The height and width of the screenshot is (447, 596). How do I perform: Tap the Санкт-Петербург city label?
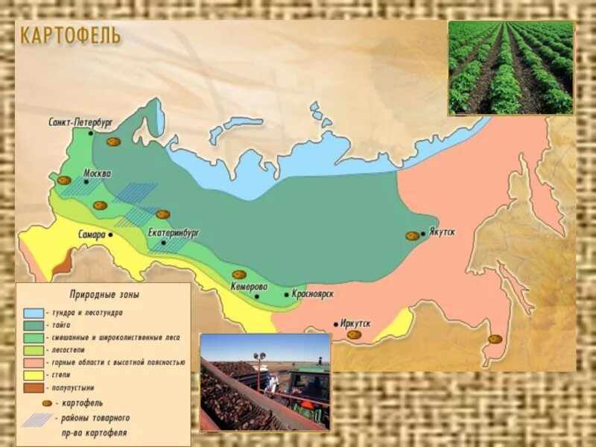pos(80,121)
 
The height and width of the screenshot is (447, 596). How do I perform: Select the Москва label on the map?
pos(97,173)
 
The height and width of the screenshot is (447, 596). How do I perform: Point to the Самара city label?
pos(92,234)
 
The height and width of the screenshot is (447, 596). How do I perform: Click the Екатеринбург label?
pos(174,232)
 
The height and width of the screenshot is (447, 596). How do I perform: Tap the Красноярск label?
pos(311,294)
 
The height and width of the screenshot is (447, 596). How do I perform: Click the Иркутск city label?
pos(355,323)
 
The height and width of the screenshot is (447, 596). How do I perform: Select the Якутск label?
pos(442,232)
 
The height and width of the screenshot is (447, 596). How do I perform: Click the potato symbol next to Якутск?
pos(412,235)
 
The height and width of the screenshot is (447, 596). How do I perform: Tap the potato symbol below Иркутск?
pos(355,335)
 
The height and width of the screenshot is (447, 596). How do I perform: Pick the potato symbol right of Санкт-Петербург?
pos(113,142)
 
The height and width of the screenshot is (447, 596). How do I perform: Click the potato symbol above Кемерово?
pos(239,275)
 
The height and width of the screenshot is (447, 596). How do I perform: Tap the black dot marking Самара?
pos(110,234)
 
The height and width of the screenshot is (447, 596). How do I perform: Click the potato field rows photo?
pos(510,67)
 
